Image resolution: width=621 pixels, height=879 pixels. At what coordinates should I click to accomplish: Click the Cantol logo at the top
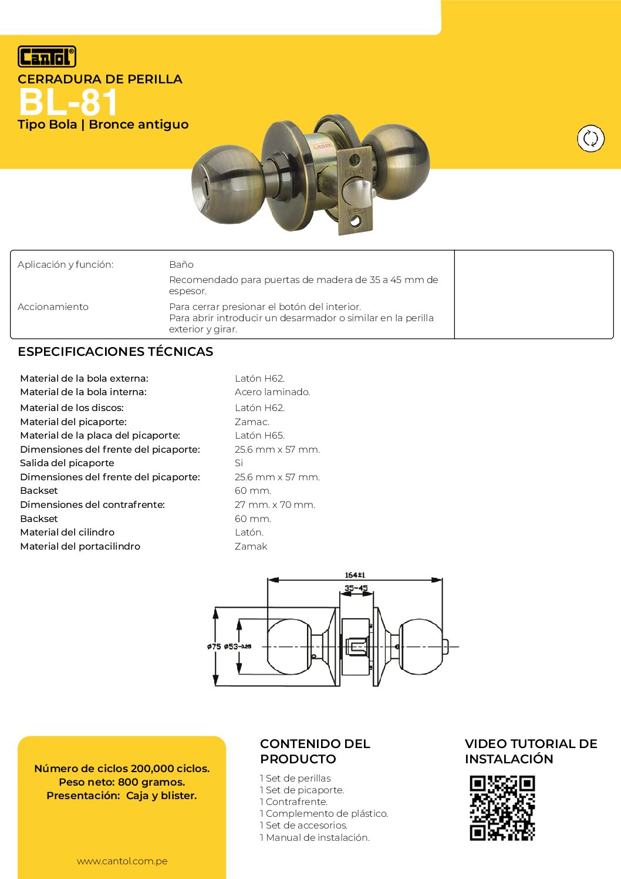[x=47, y=57]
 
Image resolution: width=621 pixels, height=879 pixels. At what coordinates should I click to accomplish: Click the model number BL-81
[x=68, y=102]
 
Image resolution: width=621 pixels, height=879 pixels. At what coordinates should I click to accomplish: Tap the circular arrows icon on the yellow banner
[x=590, y=139]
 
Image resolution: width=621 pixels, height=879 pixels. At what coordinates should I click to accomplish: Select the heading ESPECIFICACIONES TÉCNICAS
[x=115, y=352]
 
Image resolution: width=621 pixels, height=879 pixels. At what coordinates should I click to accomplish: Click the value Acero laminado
[x=272, y=392]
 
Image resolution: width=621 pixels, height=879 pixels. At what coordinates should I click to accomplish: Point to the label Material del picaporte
[x=73, y=422]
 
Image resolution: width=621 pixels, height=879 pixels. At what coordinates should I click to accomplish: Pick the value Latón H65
[x=259, y=436]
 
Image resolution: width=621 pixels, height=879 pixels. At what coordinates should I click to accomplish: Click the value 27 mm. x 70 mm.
[x=275, y=505]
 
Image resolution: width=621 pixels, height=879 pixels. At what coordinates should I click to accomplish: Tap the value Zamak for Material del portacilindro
[x=251, y=547]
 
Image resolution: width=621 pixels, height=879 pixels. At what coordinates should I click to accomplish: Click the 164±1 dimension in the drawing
[x=355, y=575]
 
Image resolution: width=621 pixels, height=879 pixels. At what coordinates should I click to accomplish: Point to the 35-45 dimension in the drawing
[x=356, y=588]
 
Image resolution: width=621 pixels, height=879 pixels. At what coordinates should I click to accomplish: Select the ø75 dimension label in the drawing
[x=214, y=646]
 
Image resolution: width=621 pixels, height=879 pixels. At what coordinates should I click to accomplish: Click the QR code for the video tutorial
[x=502, y=808]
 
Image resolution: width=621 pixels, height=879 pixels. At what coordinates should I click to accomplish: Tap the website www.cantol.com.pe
[x=122, y=861]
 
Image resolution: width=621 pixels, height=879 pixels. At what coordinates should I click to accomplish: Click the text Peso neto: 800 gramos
[x=122, y=782]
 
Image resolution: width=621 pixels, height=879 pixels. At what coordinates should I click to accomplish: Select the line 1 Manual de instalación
[x=315, y=838]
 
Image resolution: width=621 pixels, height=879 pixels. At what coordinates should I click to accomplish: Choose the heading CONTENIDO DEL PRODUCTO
[x=315, y=751]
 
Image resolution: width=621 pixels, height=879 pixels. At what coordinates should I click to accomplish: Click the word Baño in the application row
[x=181, y=265]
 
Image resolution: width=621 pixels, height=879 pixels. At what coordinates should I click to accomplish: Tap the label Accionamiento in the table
[x=53, y=307]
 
